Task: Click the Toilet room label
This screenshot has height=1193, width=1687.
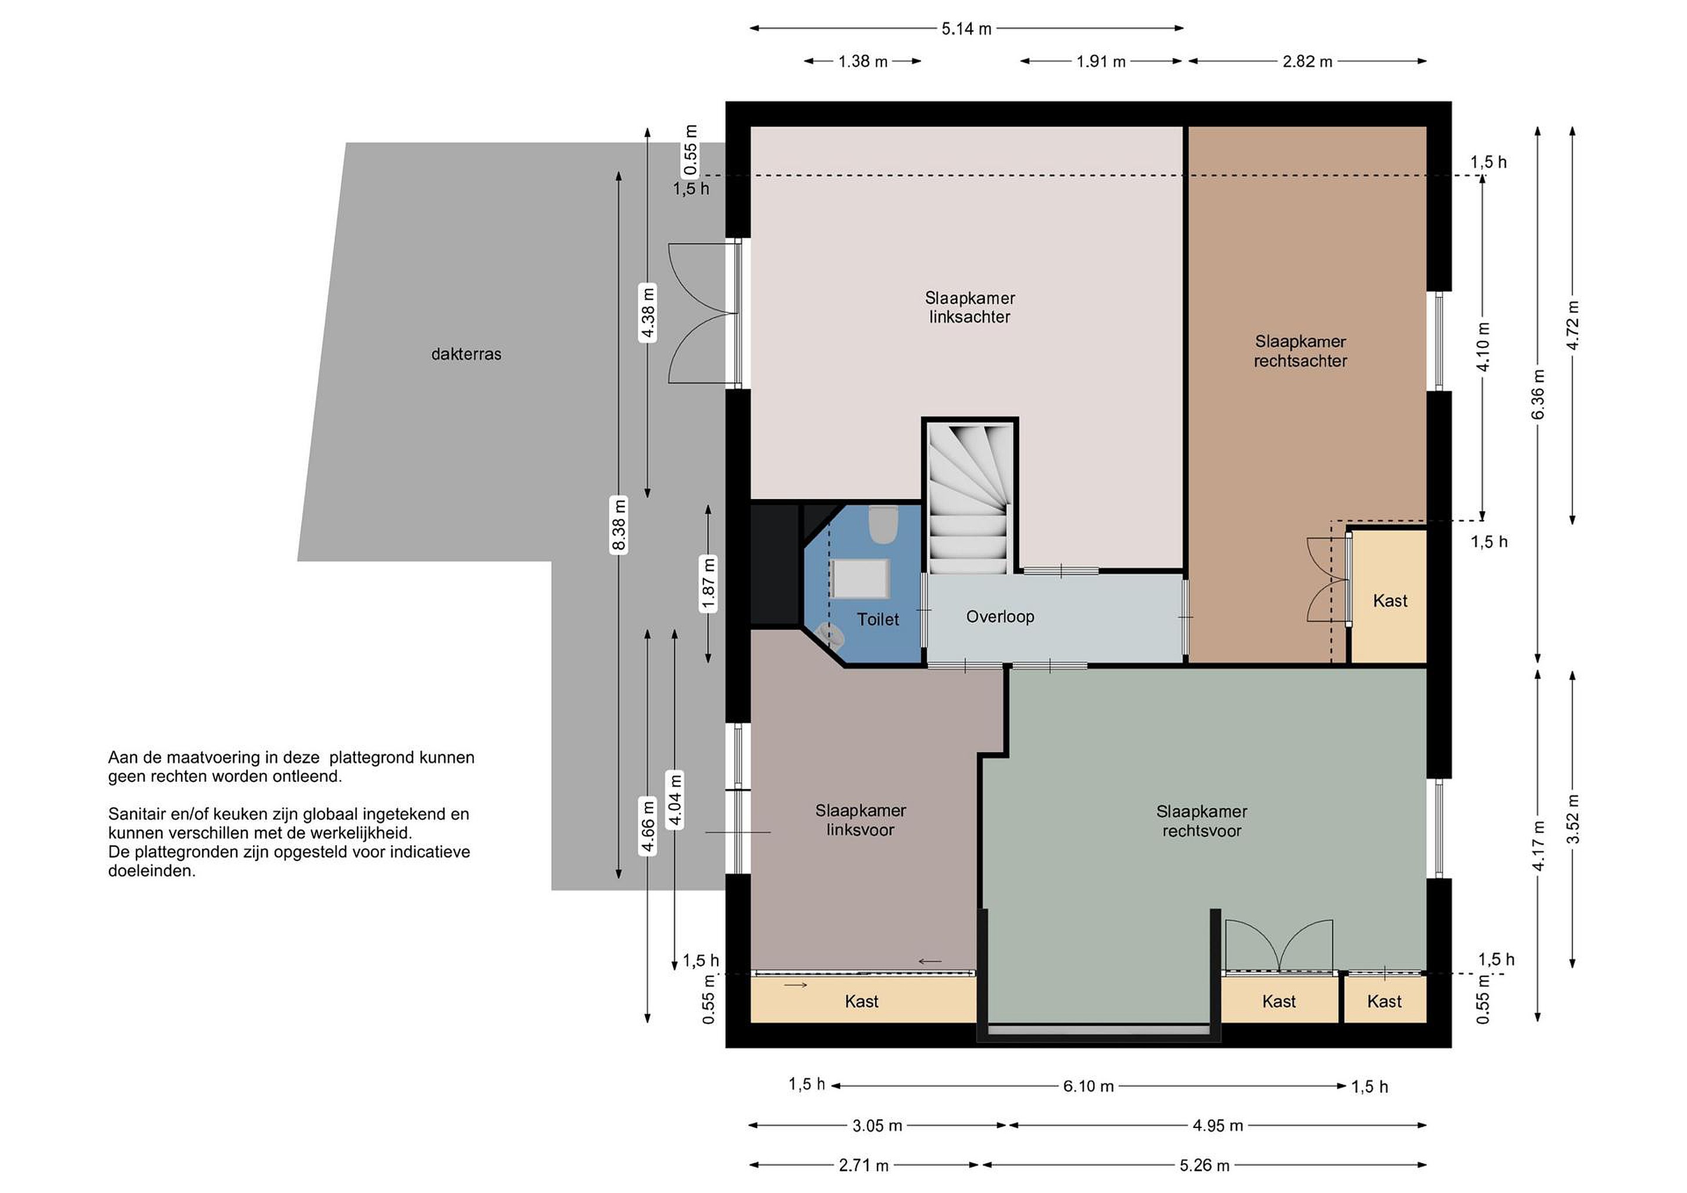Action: (877, 619)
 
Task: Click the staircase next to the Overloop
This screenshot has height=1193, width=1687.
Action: (970, 497)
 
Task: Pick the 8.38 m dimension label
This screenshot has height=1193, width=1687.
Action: (619, 525)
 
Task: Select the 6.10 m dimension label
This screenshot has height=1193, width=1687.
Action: (1088, 1086)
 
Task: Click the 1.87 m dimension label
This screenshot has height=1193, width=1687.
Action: (708, 584)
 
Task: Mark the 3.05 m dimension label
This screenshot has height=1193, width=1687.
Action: (877, 1126)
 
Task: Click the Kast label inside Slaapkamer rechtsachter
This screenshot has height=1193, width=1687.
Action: (1390, 601)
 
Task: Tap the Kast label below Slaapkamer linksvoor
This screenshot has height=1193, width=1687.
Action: (861, 1001)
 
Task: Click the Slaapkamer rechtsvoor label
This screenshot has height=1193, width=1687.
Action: (1201, 821)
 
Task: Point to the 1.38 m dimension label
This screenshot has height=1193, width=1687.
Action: (863, 61)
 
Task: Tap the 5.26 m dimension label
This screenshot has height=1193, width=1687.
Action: (1204, 1165)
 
